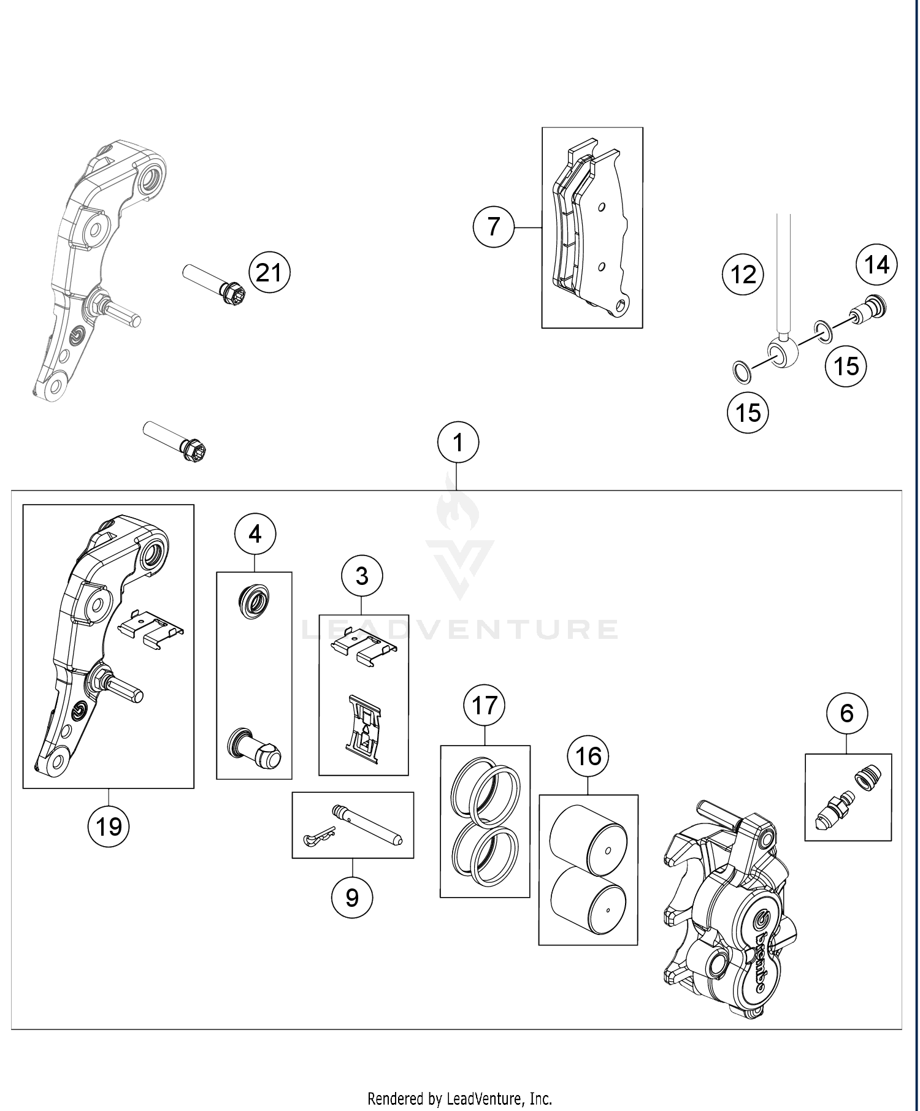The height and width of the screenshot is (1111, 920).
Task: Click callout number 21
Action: click(269, 272)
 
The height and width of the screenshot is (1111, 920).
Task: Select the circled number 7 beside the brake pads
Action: click(494, 227)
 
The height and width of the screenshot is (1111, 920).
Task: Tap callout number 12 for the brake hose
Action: click(743, 273)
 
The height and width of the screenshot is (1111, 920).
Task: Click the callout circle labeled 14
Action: click(877, 265)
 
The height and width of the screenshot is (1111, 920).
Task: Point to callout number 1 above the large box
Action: click(458, 442)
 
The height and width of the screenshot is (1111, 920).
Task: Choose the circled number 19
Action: click(109, 827)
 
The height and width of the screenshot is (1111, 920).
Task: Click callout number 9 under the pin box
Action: click(352, 898)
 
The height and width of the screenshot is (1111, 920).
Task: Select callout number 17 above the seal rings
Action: click(485, 705)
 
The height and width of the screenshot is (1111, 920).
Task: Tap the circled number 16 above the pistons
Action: click(588, 755)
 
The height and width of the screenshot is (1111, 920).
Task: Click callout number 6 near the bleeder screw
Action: click(847, 713)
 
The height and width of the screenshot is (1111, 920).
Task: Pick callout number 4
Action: click(255, 534)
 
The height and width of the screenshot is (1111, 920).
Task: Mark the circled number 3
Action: click(362, 576)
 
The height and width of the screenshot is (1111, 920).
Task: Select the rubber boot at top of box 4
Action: click(253, 601)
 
